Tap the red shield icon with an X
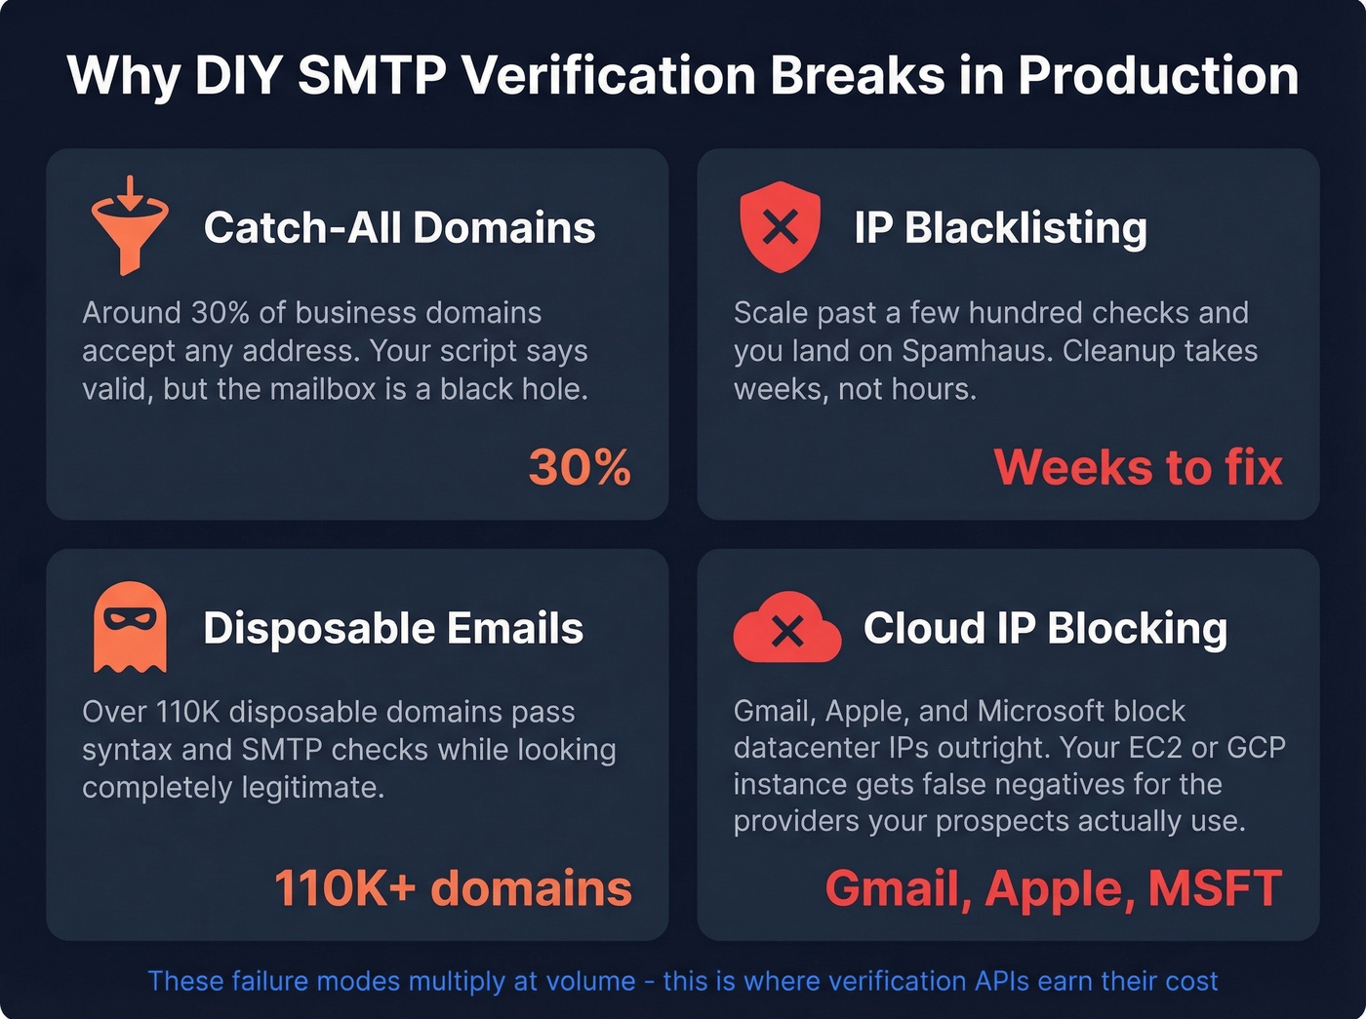[x=780, y=228]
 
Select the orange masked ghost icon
[x=130, y=627]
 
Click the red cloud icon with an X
[x=786, y=630]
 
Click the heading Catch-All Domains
[x=399, y=228]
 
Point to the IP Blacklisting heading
[x=1000, y=228]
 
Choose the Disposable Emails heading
[x=393, y=628]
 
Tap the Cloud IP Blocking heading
[x=1045, y=628]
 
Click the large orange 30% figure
[x=580, y=467]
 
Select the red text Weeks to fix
[x=1138, y=467]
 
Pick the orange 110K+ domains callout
[x=453, y=888]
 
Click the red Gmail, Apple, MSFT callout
[x=1053, y=888]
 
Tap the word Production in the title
[x=1158, y=76]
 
